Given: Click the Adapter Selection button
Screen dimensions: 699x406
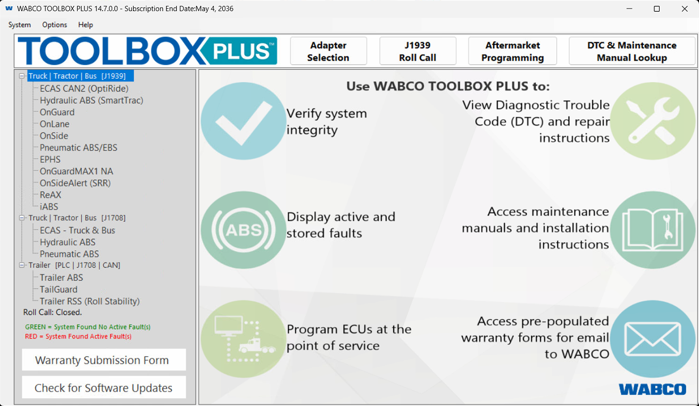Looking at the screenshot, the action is [x=328, y=51].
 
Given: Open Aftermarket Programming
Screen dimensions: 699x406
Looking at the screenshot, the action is [x=512, y=51].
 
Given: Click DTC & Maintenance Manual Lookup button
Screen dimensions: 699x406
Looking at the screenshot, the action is [x=632, y=51].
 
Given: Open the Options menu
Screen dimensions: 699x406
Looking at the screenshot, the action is [x=55, y=24].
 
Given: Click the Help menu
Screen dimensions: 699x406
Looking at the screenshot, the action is [x=86, y=24].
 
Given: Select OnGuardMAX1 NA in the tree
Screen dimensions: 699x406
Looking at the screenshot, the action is [x=77, y=171].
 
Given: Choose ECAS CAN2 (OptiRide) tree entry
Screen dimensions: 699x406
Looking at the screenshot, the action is [x=84, y=89].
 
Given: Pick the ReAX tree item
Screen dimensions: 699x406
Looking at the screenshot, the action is [x=51, y=195].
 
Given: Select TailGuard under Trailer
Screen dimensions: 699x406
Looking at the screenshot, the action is [x=59, y=289].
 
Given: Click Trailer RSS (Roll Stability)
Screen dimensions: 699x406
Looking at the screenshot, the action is [x=89, y=301].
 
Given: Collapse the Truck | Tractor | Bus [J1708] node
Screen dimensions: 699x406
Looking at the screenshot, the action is [x=21, y=218].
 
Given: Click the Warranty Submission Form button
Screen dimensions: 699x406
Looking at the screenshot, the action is [x=104, y=360].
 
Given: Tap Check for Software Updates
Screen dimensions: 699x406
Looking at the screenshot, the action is [x=104, y=387].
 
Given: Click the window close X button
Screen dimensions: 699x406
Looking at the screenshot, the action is [x=684, y=9].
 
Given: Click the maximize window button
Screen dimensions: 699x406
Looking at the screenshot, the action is [x=656, y=9].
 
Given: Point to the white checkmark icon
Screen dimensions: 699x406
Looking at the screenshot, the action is [x=244, y=123].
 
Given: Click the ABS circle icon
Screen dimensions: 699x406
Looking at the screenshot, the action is [x=244, y=230].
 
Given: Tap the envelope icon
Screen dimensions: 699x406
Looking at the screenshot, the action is [x=653, y=339].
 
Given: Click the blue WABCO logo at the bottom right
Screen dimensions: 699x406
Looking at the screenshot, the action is [x=653, y=389].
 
